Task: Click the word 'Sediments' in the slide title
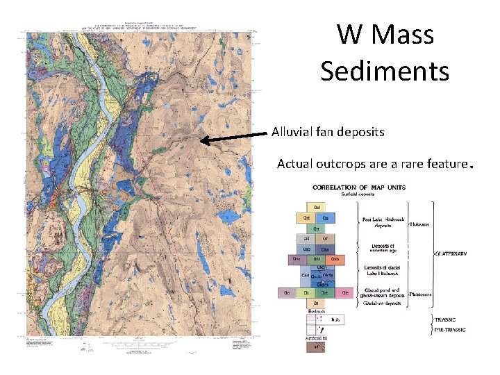(x=385, y=70)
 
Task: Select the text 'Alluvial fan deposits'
(x=328, y=131)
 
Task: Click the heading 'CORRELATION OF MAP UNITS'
(x=359, y=187)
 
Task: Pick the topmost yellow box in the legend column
(x=317, y=206)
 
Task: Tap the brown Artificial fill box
(x=316, y=347)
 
